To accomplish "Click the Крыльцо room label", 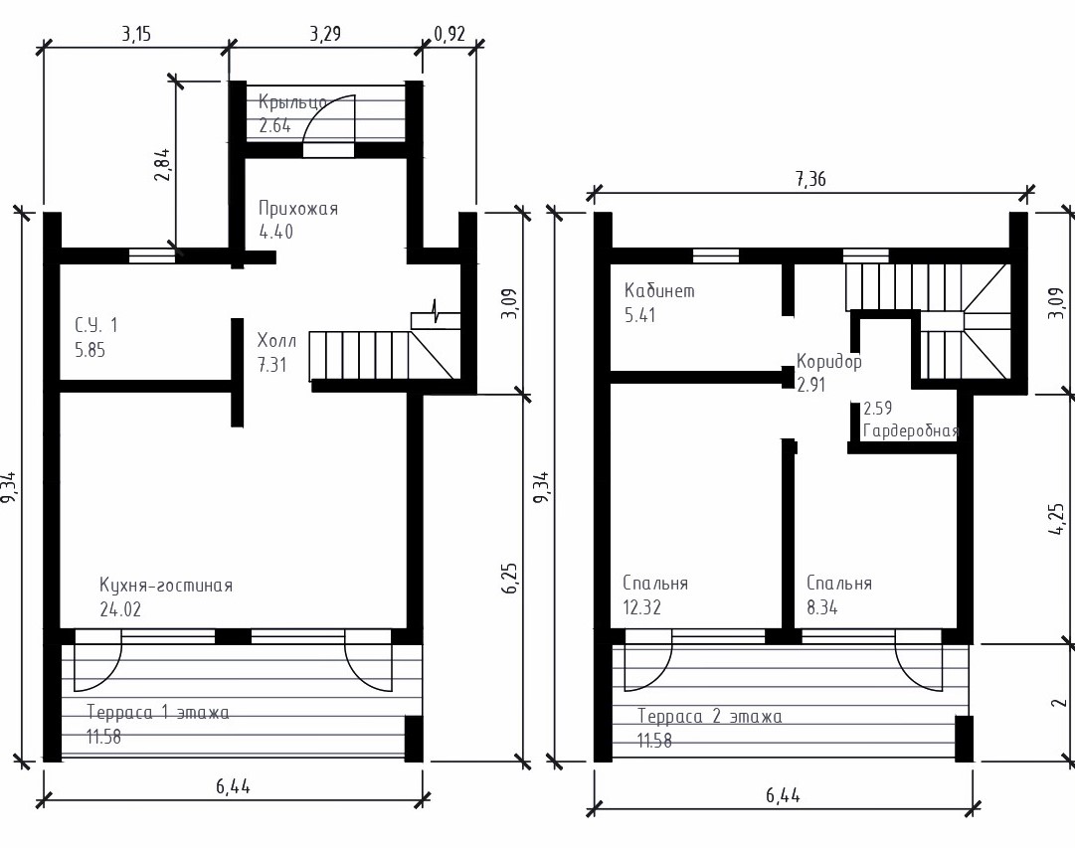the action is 292,102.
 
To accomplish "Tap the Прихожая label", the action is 298,209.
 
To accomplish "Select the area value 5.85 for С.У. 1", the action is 90,350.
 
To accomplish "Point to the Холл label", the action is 277,340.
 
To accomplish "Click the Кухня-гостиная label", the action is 166,586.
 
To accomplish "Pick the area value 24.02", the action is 120,609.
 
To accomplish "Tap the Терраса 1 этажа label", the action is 158,713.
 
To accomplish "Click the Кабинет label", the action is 659,290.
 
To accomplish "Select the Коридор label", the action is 829,361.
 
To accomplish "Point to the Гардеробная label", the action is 911,431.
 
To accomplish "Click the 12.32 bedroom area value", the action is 641,607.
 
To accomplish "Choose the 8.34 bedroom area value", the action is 822,607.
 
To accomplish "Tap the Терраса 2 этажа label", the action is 710,717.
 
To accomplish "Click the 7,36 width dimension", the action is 810,179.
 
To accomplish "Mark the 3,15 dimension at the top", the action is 136,34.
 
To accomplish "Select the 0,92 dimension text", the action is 449,34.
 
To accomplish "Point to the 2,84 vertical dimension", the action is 162,165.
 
